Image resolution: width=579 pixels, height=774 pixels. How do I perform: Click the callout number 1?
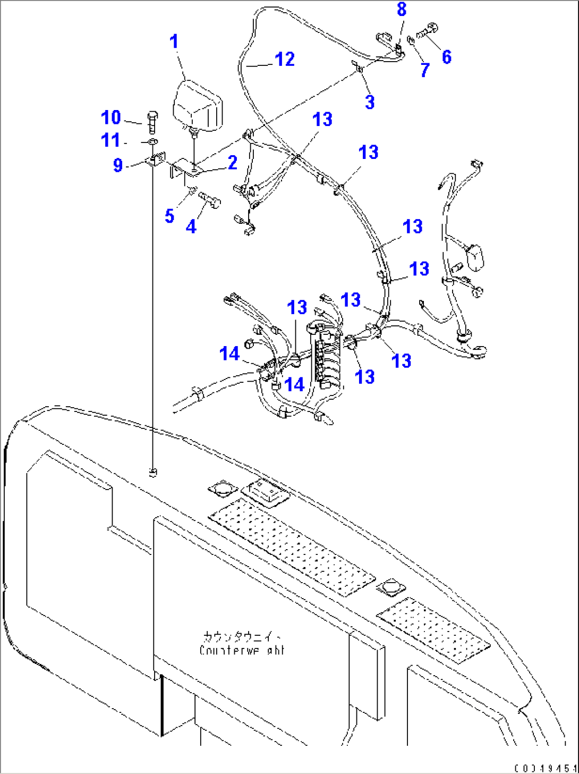[x=174, y=41]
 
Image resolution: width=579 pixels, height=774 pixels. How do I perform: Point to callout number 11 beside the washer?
[x=110, y=141]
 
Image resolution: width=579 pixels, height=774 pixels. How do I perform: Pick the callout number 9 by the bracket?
[x=118, y=165]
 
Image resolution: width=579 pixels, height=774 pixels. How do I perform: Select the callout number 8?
[x=402, y=10]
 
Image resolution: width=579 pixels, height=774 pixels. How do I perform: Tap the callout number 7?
[x=424, y=70]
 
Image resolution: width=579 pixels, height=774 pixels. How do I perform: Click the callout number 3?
[x=370, y=102]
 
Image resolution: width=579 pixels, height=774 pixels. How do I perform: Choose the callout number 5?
[x=169, y=216]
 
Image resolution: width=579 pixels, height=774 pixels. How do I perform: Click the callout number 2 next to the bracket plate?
[x=232, y=163]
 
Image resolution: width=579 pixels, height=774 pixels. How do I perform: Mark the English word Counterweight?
[x=242, y=650]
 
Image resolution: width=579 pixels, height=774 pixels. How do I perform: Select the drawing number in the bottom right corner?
[x=544, y=768]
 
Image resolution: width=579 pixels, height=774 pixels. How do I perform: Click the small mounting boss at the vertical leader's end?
[x=152, y=472]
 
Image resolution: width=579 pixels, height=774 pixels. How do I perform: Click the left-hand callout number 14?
[x=229, y=354]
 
